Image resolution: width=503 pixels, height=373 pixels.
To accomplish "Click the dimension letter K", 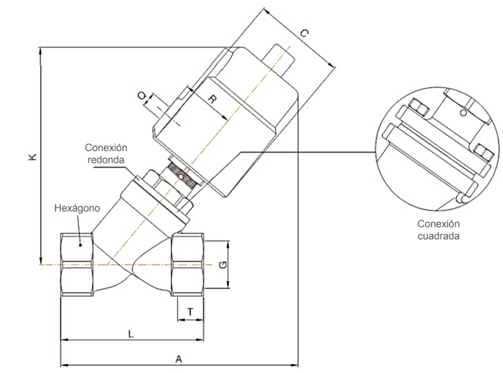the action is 33,157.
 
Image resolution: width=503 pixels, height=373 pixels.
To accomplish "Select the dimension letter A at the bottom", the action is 179,358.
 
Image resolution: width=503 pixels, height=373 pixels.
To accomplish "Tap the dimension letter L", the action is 131,334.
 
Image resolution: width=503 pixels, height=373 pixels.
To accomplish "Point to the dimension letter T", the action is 190,312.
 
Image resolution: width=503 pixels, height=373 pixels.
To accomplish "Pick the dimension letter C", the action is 304,33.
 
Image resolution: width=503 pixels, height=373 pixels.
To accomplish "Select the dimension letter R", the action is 212,99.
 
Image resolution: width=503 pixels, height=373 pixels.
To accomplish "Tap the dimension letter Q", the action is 142,96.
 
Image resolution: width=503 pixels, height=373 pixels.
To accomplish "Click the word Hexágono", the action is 77,208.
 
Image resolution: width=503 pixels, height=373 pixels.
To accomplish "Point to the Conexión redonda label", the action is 106,154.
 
